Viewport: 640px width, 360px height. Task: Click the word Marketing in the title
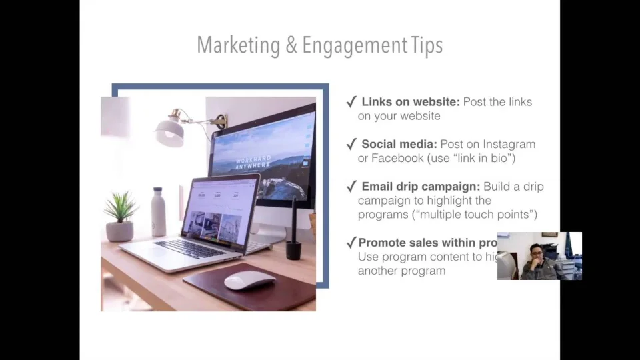(x=238, y=45)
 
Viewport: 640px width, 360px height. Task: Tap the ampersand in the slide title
(x=291, y=45)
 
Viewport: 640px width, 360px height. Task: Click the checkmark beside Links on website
(x=351, y=102)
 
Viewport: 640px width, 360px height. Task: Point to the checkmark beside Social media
(x=351, y=144)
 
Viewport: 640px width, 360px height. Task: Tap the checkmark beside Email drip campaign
(x=351, y=187)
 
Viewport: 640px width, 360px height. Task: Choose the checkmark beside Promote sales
(x=351, y=243)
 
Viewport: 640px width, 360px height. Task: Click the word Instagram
(x=509, y=144)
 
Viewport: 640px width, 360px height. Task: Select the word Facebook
(x=397, y=158)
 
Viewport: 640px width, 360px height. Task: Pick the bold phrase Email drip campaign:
(x=421, y=187)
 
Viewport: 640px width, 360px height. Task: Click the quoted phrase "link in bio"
(x=480, y=158)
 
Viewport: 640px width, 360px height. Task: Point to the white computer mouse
(x=249, y=280)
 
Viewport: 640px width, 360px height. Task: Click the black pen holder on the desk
(x=293, y=248)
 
